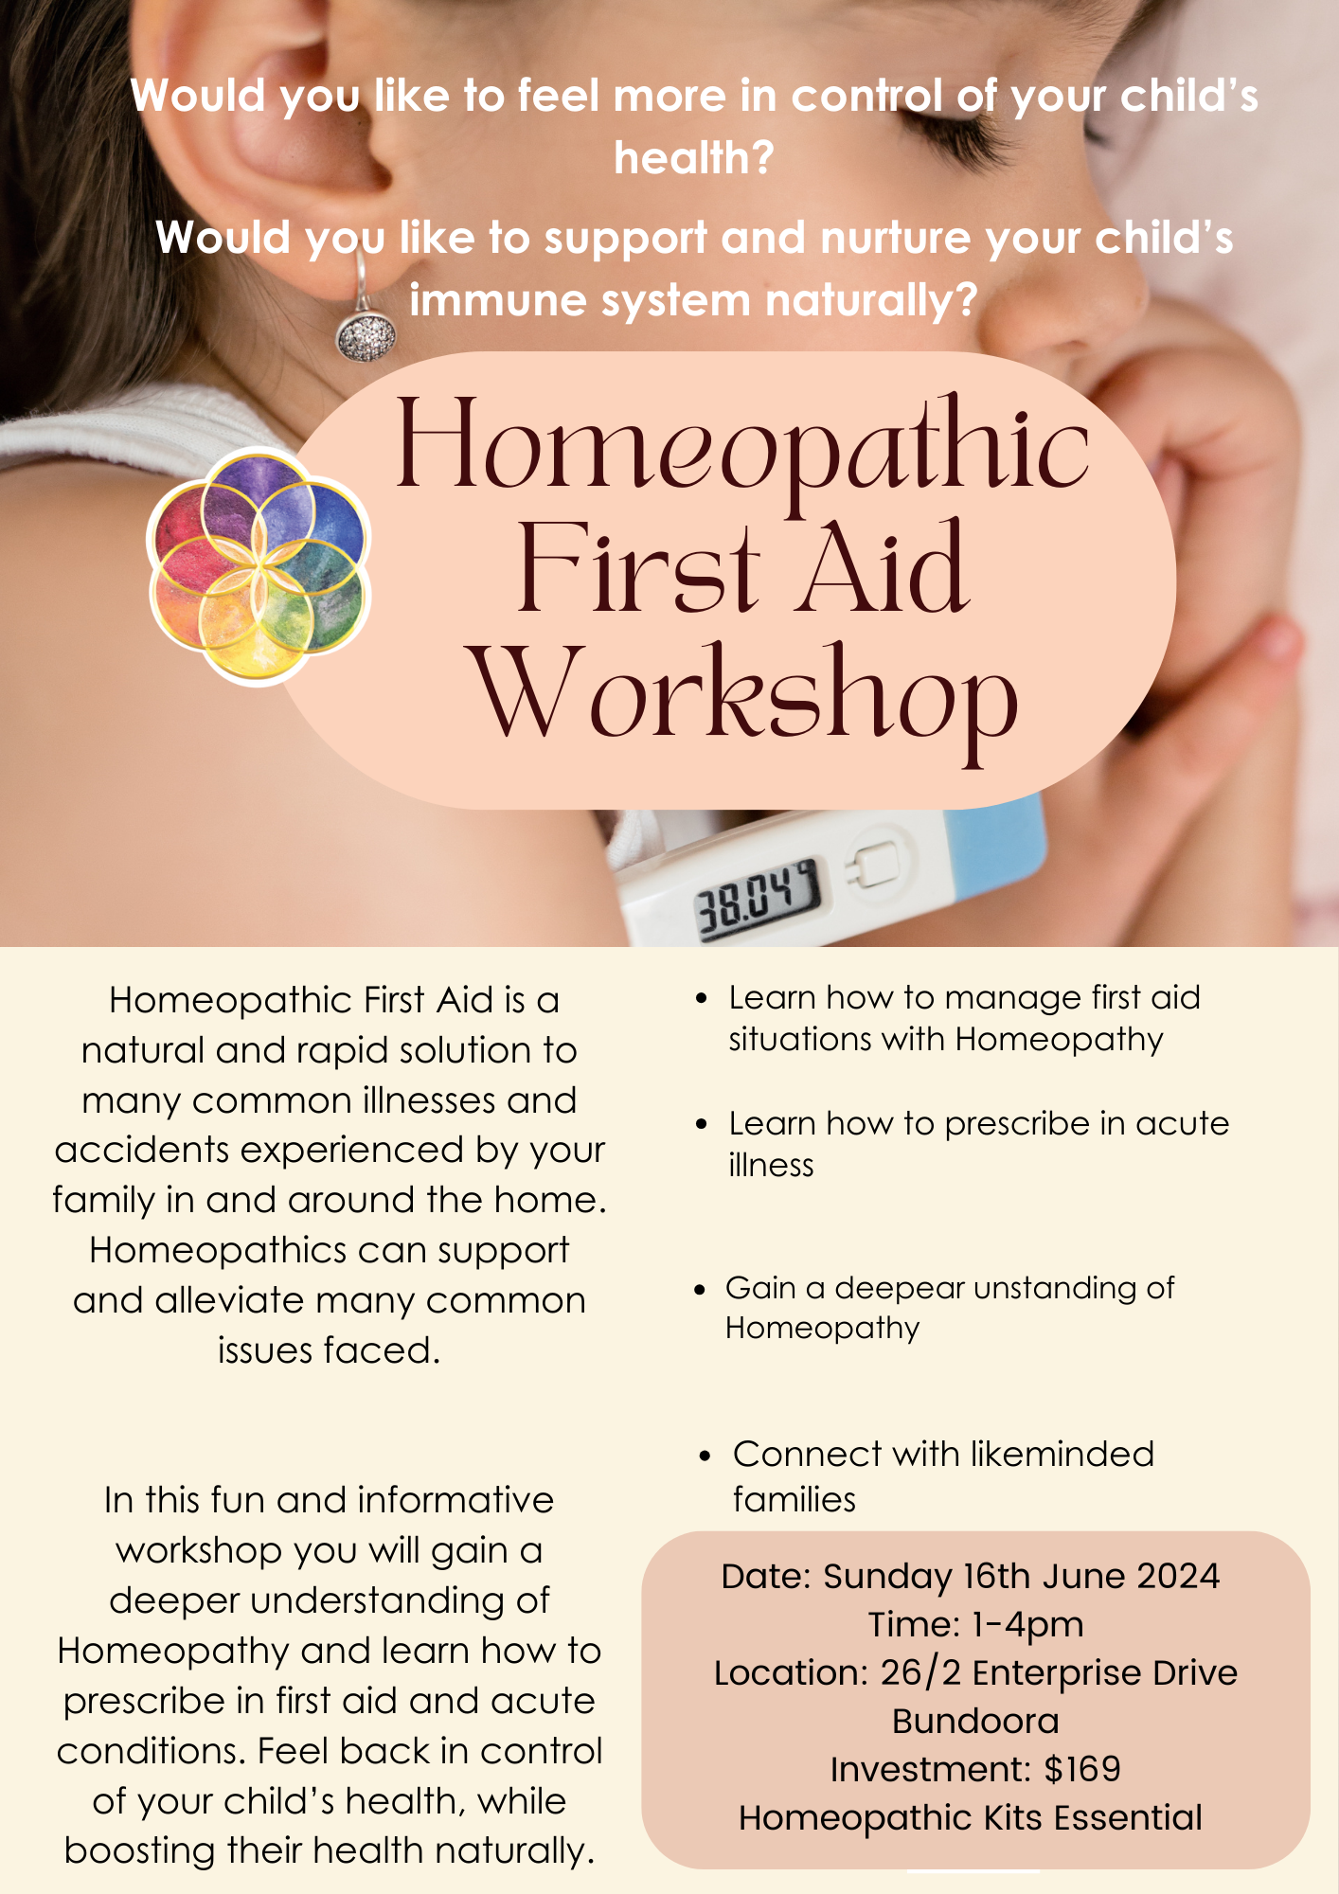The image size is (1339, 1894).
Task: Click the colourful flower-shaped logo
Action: (x=259, y=566)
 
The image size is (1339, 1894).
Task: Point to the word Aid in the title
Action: (x=881, y=569)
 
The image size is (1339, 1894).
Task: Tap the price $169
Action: (x=1082, y=1769)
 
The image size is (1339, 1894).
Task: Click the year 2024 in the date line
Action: (x=1178, y=1576)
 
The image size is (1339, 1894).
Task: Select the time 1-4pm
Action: (x=1027, y=1625)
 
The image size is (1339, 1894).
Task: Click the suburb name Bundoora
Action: (x=975, y=1721)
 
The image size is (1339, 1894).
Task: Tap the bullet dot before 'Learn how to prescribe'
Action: (x=701, y=1124)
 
